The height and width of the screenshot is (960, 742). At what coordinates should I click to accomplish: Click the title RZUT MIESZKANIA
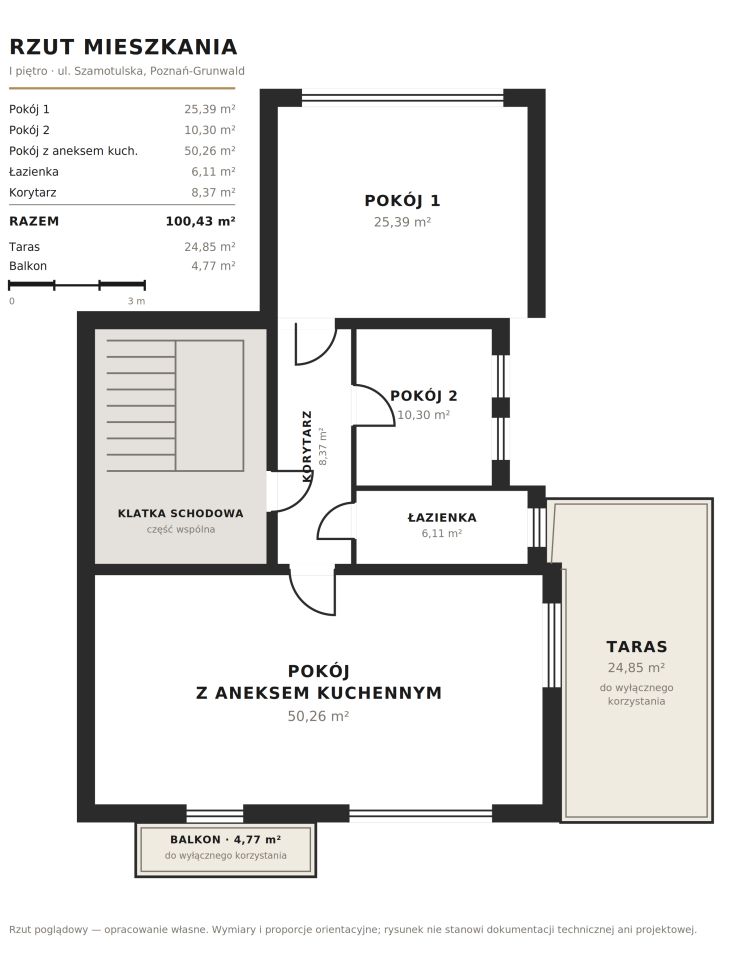pos(123,47)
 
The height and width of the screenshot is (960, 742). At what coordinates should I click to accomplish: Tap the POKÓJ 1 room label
pos(402,200)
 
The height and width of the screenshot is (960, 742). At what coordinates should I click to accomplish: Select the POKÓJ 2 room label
pos(424,396)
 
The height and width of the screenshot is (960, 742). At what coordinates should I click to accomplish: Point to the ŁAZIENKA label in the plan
pos(442,517)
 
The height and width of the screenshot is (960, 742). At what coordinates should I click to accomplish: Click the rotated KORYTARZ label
pos(307,446)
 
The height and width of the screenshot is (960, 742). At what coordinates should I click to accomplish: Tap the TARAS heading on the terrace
pos(637,647)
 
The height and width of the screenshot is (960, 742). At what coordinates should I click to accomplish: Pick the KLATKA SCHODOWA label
pos(181,513)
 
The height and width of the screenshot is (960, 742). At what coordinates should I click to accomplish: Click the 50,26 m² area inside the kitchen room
pos(318,716)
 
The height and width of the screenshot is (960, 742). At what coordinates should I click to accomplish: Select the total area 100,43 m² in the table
pos(200,221)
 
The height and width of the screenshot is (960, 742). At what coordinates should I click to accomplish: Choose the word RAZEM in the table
pos(34,221)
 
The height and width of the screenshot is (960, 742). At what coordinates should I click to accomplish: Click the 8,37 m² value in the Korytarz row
pos(213,192)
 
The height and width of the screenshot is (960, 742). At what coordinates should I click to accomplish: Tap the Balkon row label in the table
pos(28,266)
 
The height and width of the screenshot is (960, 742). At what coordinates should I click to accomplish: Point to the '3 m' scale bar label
pos(137,301)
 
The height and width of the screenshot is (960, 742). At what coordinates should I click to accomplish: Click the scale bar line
pos(77,285)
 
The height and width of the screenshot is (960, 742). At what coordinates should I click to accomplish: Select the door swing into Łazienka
pos(335,520)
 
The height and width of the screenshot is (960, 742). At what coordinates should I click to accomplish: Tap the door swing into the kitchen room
pos(312,594)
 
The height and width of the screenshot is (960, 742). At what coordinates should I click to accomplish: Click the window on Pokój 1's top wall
pos(403,97)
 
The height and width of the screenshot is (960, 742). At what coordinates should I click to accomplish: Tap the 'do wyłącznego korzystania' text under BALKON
pos(225,855)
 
